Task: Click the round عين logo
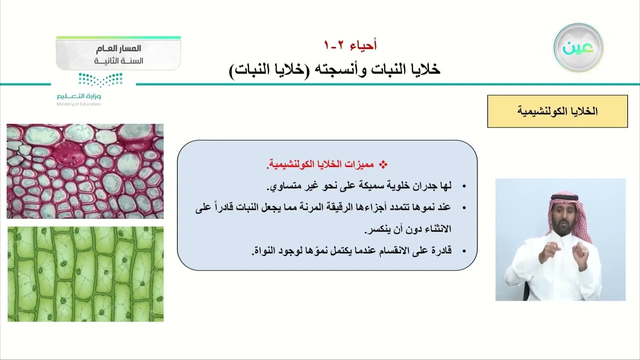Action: pos(578,47)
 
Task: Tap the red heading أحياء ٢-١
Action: pos(350,45)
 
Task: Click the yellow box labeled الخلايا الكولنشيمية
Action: pos(557,111)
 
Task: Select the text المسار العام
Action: pos(118,48)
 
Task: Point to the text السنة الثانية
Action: pos(118,61)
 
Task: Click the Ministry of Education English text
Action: pos(79,104)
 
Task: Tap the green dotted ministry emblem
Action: pos(100,79)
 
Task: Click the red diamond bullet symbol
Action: pos(383,164)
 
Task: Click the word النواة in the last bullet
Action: pos(265,251)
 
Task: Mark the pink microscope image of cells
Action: pos(85,171)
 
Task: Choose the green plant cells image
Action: pos(85,274)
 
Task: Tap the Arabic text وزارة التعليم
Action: pos(79,96)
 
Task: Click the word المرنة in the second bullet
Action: pos(297,207)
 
